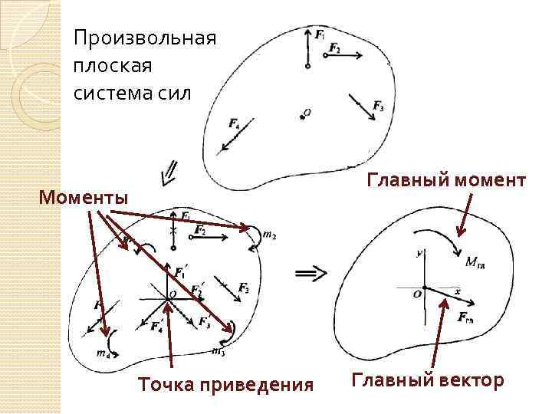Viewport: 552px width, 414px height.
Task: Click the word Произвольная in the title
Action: pyautogui.click(x=145, y=38)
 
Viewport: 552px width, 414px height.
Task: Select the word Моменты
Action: pyautogui.click(x=84, y=198)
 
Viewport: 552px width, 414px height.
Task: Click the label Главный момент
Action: pyautogui.click(x=446, y=180)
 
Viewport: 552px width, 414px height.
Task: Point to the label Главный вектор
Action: pyautogui.click(x=428, y=380)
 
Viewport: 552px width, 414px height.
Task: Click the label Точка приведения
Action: pyautogui.click(x=225, y=384)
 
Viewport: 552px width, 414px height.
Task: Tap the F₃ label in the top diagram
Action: pyautogui.click(x=378, y=106)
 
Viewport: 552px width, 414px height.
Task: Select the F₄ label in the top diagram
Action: pyautogui.click(x=235, y=123)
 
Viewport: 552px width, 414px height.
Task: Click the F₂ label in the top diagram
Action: pyautogui.click(x=334, y=48)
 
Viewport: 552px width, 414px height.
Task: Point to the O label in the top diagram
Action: pyautogui.click(x=307, y=113)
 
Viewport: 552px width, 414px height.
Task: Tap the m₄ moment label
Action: pyautogui.click(x=101, y=353)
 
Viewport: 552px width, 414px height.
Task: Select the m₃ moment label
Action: pyautogui.click(x=218, y=352)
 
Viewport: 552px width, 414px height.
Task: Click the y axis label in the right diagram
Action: pyautogui.click(x=419, y=251)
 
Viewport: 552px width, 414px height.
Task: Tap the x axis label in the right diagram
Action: pyautogui.click(x=457, y=292)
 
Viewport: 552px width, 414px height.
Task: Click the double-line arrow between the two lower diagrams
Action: pyautogui.click(x=310, y=271)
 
